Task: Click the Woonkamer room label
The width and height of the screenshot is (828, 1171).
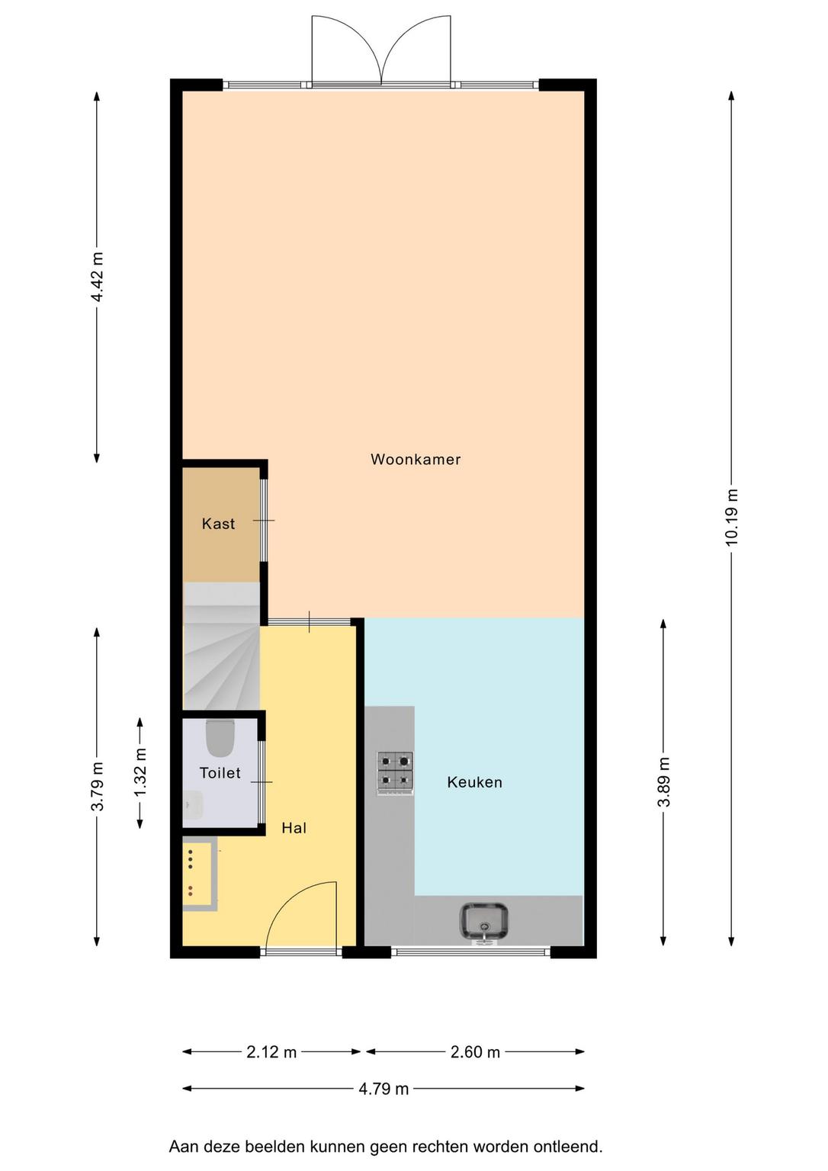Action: (x=416, y=460)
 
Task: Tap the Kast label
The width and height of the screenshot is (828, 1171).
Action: (x=219, y=524)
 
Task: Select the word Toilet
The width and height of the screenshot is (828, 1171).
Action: (x=220, y=772)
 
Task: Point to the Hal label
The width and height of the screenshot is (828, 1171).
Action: (x=294, y=828)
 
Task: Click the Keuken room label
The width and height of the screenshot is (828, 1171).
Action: (x=475, y=782)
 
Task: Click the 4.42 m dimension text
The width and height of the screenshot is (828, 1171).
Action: (x=98, y=277)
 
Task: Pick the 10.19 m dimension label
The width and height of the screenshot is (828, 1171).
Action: (x=731, y=517)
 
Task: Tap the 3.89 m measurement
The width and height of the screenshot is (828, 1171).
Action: (x=663, y=782)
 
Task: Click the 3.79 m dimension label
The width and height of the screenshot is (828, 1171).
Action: (x=98, y=786)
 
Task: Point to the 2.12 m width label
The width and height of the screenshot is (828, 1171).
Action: (x=271, y=1052)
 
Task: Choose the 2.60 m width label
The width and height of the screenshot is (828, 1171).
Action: (x=475, y=1052)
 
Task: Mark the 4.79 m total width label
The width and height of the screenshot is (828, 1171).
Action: (x=384, y=1089)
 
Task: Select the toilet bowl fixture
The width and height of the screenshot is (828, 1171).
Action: (x=220, y=738)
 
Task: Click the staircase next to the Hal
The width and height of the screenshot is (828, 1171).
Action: (x=222, y=646)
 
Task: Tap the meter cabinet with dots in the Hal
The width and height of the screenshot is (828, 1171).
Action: (x=200, y=874)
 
